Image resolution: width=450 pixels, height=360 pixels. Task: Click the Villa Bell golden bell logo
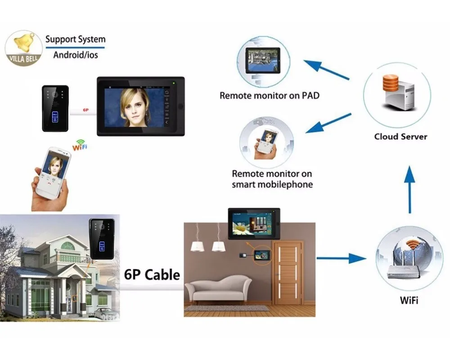(x=24, y=48)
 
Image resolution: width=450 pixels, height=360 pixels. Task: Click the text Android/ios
(x=76, y=55)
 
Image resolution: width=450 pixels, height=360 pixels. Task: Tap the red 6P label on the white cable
(x=86, y=110)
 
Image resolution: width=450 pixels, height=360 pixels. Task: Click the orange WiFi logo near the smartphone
(x=80, y=145)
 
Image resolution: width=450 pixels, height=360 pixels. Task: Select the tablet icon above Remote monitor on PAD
(x=263, y=61)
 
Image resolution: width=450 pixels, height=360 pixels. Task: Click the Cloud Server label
(x=400, y=136)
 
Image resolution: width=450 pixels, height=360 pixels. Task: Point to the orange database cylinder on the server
(x=390, y=83)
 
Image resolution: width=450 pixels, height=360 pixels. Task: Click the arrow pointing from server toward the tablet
(x=326, y=69)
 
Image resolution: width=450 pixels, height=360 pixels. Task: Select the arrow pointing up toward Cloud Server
(x=409, y=189)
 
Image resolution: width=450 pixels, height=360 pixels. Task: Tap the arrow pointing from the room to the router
(x=342, y=258)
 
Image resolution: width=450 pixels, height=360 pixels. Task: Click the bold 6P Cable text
(x=152, y=275)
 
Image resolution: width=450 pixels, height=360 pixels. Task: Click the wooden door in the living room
(x=288, y=272)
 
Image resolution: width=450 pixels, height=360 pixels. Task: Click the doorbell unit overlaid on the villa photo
(x=102, y=239)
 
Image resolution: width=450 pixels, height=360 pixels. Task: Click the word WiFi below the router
(x=409, y=300)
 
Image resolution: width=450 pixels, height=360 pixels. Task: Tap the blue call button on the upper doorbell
(x=55, y=117)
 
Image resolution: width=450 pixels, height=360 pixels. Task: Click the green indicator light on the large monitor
(x=174, y=83)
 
